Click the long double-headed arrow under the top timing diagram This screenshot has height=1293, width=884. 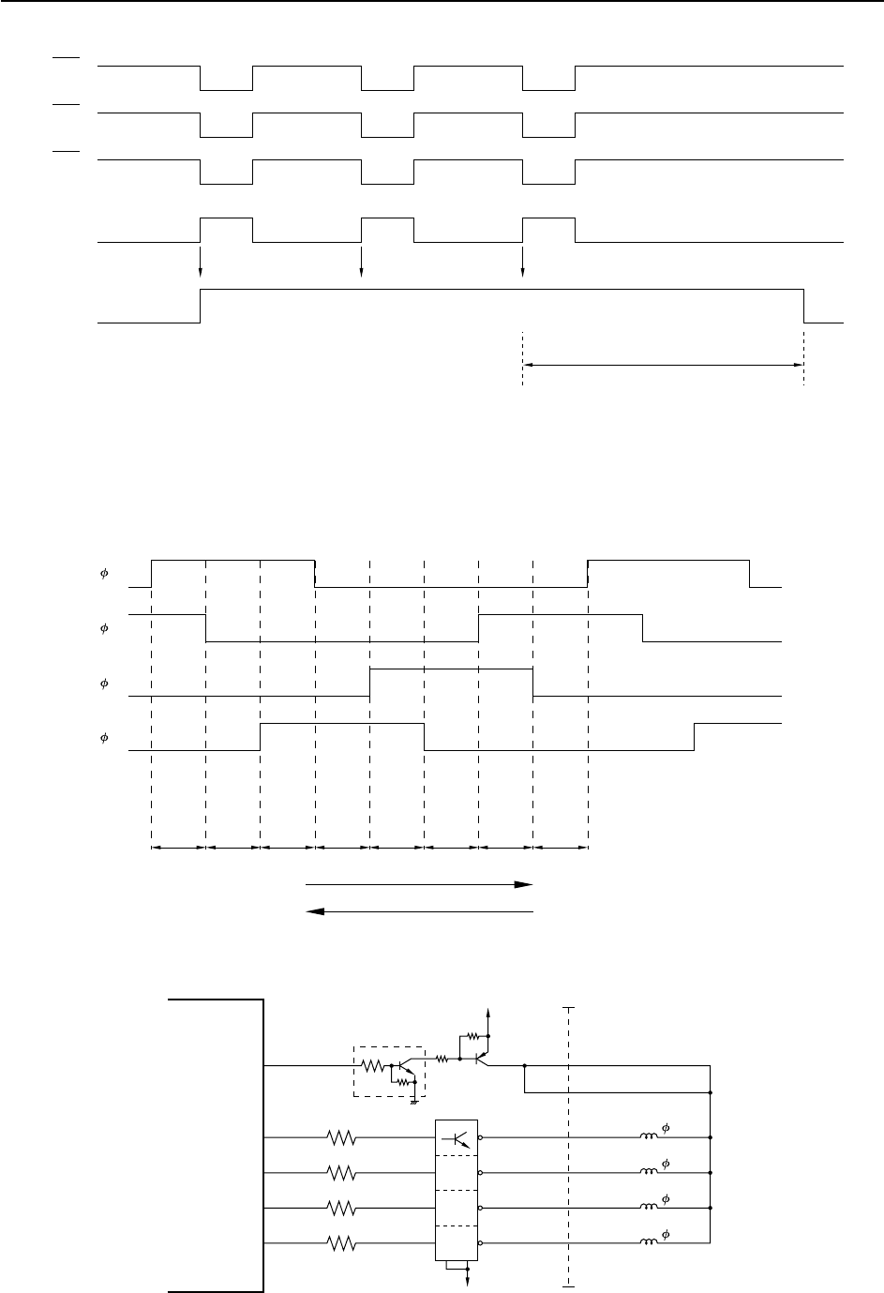(663, 365)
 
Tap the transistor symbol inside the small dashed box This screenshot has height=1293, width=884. (404, 1066)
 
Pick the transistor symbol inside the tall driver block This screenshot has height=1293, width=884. (458, 1138)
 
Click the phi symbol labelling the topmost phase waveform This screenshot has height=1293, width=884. (104, 573)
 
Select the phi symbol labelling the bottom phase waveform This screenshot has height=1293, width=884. (104, 738)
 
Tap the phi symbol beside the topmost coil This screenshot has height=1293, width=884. (665, 1127)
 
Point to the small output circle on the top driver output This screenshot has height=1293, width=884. (481, 1138)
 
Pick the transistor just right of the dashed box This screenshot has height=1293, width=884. (479, 1059)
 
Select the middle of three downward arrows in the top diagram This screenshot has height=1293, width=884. (361, 271)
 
